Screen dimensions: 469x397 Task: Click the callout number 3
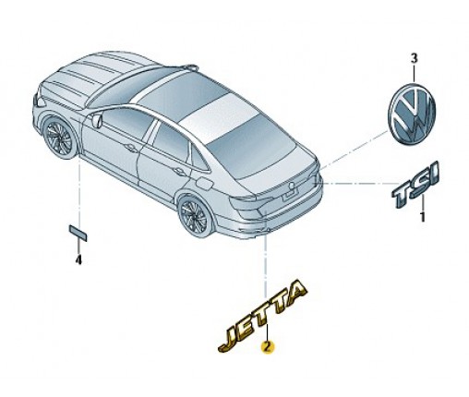click(415, 58)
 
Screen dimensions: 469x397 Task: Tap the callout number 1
click(423, 217)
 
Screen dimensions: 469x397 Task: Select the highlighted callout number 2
click(267, 347)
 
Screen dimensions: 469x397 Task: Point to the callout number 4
click(78, 260)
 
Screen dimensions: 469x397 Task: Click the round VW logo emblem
click(412, 113)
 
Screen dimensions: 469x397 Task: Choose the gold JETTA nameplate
click(262, 315)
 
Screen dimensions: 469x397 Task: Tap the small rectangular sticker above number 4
click(78, 233)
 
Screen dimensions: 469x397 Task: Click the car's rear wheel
click(195, 215)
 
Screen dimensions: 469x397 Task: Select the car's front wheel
click(58, 138)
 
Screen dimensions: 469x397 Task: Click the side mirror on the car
click(97, 120)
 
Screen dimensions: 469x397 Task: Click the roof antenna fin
click(190, 67)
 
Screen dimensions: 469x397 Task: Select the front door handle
click(131, 150)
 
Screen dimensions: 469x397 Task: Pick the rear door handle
click(179, 171)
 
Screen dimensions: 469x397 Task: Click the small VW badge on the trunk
click(291, 186)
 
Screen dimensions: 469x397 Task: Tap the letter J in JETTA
click(228, 340)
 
